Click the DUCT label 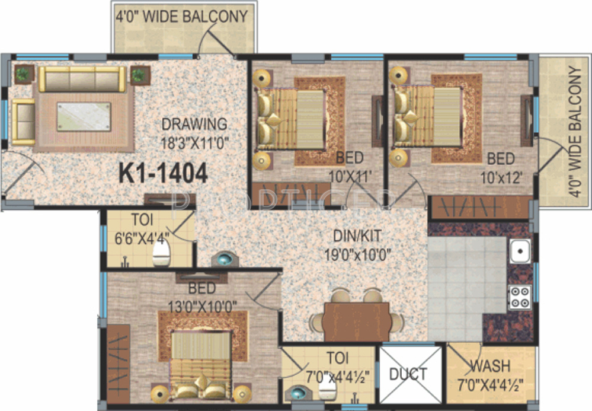coord(409,374)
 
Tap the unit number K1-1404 coord(164,173)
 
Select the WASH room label coord(490,365)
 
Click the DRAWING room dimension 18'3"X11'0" coord(195,142)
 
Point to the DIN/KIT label coord(357,236)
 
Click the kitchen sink coord(520,251)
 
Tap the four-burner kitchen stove coord(520,297)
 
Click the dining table coord(357,321)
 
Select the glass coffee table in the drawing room coord(84,116)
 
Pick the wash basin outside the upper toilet coord(225,259)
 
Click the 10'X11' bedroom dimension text coord(350,176)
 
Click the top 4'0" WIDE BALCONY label coord(183,17)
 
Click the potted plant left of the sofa coord(24,74)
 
